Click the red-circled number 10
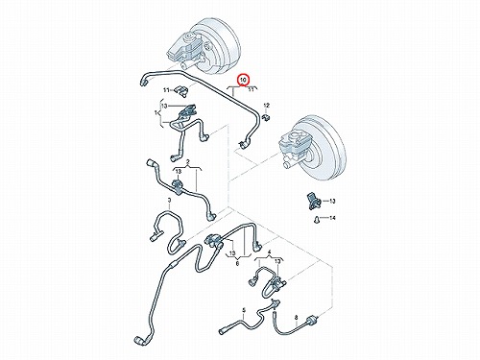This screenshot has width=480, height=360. pyautogui.click(x=244, y=80)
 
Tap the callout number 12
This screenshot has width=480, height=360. pyautogui.click(x=266, y=106)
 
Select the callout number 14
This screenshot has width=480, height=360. pyautogui.click(x=332, y=218)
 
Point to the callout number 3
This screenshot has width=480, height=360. pyautogui.click(x=169, y=200)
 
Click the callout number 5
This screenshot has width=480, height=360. pyautogui.click(x=244, y=310)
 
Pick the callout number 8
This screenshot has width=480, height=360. pyautogui.click(x=296, y=317)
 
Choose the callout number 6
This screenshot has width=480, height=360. pyautogui.click(x=237, y=264)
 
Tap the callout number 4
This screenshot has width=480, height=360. pyautogui.click(x=269, y=252)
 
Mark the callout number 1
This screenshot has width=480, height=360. pyautogui.click(x=156, y=113)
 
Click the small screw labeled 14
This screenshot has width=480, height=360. pyautogui.click(x=316, y=220)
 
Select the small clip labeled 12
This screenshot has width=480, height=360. pyautogui.click(x=266, y=117)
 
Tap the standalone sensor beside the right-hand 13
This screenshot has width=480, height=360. pyautogui.click(x=312, y=201)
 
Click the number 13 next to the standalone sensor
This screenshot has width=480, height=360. pyautogui.click(x=332, y=202)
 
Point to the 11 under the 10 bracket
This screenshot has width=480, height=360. pyautogui.click(x=252, y=90)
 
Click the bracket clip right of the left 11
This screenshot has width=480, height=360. pyautogui.click(x=181, y=90)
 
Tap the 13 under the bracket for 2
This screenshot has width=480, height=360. pyautogui.click(x=179, y=172)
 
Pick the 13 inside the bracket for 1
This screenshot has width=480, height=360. pyautogui.click(x=164, y=106)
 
